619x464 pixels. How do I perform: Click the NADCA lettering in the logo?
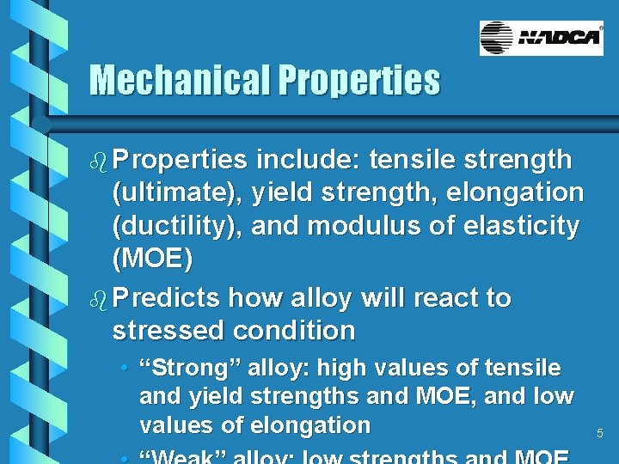tap(560, 38)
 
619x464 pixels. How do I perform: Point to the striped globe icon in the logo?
tap(497, 38)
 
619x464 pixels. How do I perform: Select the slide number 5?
tap(600, 434)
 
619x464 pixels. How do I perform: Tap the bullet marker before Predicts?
tap(98, 299)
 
